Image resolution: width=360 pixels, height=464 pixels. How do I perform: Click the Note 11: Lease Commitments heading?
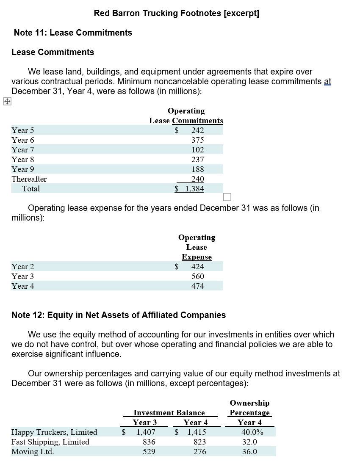coord(73,33)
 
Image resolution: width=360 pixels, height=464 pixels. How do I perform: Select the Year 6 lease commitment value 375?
coord(197,140)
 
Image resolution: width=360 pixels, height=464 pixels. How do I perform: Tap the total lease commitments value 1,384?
coord(194,189)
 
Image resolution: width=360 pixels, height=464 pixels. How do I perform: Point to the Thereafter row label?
coord(29,179)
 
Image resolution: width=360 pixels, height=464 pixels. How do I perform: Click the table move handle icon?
coord(7,101)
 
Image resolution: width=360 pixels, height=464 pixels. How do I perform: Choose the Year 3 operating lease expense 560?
coord(197,276)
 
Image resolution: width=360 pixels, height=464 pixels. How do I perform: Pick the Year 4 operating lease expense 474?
coord(197,286)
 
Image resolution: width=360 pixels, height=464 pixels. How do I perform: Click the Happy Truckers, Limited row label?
coord(54,432)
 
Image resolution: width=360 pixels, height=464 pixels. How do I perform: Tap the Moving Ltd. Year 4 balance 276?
coord(199,452)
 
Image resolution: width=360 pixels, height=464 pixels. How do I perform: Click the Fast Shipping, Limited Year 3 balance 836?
coord(149,442)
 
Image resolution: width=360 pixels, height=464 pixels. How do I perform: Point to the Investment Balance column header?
coord(169,412)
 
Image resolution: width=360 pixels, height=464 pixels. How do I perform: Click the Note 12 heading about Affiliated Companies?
coord(119,315)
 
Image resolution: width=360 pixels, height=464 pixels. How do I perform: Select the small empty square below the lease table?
coord(227,197)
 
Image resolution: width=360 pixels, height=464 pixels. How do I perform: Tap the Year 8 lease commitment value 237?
coord(197,160)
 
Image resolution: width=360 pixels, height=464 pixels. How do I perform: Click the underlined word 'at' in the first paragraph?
coord(327,81)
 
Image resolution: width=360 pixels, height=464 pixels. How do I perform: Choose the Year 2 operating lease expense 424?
coord(197,267)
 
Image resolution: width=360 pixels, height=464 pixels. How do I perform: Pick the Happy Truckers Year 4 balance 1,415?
coord(197,432)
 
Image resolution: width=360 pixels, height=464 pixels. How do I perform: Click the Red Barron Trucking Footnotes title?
coord(177,13)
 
